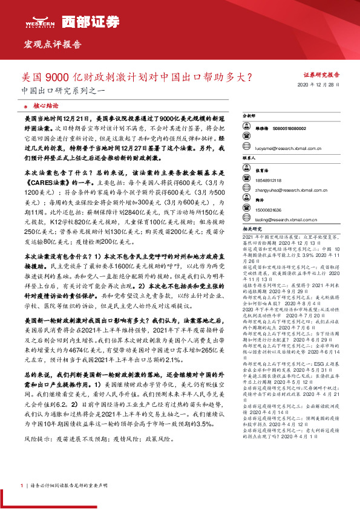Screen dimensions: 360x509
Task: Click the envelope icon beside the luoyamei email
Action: click(246, 148)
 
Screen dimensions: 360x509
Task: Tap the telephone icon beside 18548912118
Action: click(246, 181)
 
